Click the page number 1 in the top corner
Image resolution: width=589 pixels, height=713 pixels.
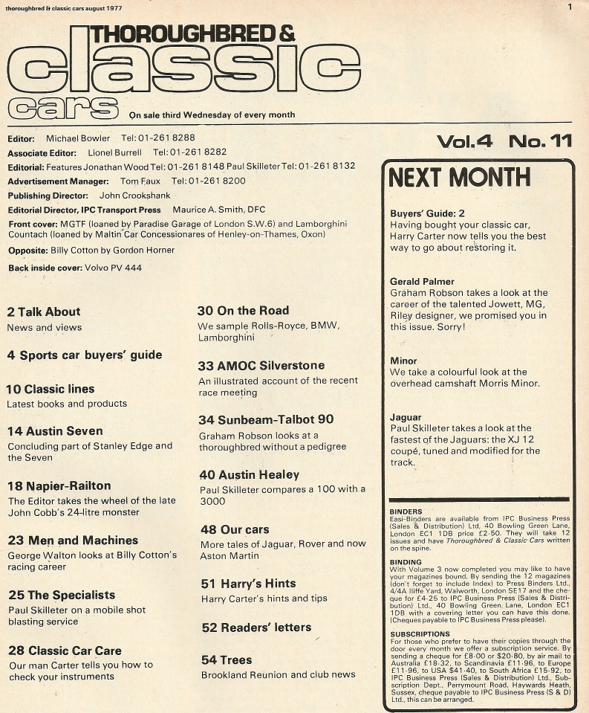point(570,7)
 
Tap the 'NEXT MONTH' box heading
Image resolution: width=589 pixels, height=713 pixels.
point(460,178)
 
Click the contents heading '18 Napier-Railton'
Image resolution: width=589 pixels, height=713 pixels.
point(59,486)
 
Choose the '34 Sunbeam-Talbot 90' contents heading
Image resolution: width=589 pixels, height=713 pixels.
point(266,420)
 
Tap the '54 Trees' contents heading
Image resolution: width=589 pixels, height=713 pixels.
point(227,660)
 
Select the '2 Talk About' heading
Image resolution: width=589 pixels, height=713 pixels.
point(43,312)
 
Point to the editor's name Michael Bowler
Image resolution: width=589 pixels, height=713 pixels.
point(77,138)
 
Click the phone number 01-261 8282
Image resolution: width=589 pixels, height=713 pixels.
point(184,152)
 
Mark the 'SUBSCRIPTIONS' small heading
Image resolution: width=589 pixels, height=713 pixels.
point(420,633)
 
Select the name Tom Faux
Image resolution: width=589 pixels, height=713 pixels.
point(141,181)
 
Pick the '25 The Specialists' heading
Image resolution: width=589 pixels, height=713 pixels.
point(61,596)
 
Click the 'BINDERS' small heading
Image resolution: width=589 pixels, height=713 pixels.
point(406,512)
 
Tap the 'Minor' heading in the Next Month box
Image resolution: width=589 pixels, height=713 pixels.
point(403,361)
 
